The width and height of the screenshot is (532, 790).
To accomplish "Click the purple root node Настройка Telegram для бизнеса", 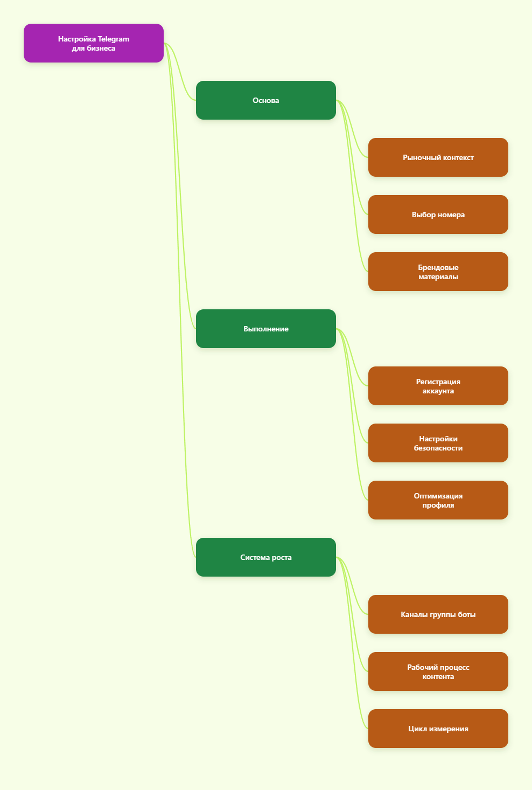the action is pyautogui.click(x=94, y=43).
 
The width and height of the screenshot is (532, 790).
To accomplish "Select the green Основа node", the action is pyautogui.click(x=266, y=100).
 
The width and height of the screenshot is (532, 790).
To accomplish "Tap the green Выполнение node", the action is pyautogui.click(x=266, y=329).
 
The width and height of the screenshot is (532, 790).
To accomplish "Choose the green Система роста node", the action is pyautogui.click(x=266, y=557).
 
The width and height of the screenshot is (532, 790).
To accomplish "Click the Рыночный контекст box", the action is pyautogui.click(x=438, y=157).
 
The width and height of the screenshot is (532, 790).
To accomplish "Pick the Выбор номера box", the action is pyautogui.click(x=438, y=214).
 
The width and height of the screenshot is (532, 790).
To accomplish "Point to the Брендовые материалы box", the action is pyautogui.click(x=438, y=272).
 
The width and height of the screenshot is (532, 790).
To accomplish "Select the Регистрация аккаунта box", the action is pyautogui.click(x=438, y=386).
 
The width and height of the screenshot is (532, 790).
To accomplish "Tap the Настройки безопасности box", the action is pyautogui.click(x=438, y=443).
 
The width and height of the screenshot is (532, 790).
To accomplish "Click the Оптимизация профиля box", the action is pyautogui.click(x=438, y=500).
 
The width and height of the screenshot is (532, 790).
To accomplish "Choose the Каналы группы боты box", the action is pyautogui.click(x=438, y=614).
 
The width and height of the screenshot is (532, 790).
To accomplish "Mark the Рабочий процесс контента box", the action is pyautogui.click(x=438, y=671).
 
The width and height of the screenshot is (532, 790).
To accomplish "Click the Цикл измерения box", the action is pyautogui.click(x=438, y=729).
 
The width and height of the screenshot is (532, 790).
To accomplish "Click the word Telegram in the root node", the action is pyautogui.click(x=114, y=39).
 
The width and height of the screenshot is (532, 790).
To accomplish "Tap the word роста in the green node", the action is pyautogui.click(x=282, y=558).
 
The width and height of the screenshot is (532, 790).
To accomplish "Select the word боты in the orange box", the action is pyautogui.click(x=467, y=615).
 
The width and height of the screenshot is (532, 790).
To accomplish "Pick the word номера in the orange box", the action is pyautogui.click(x=451, y=215).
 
